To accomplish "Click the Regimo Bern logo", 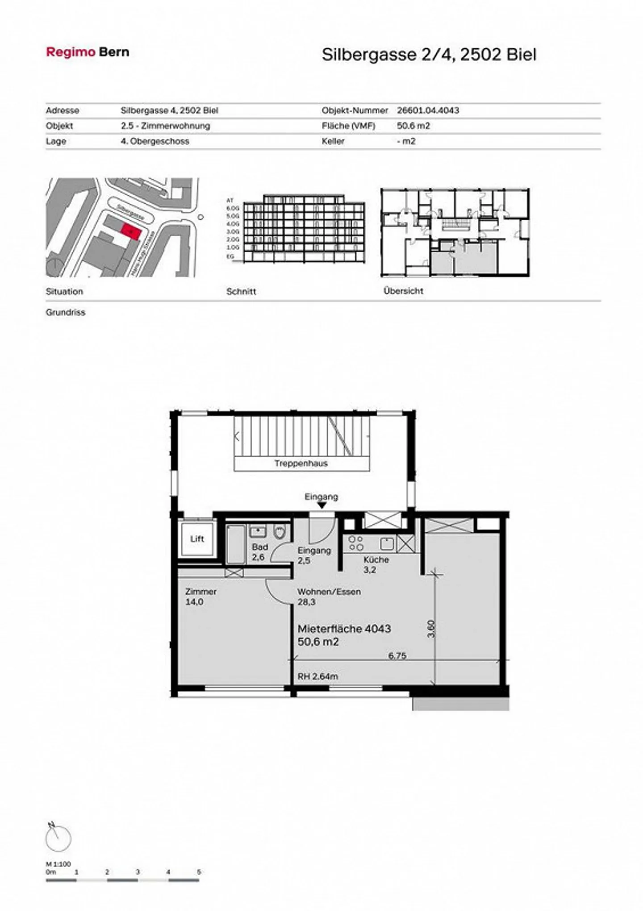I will click(x=88, y=52).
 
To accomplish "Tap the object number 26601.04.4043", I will click(x=428, y=110).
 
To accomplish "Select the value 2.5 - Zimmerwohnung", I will click(x=165, y=126).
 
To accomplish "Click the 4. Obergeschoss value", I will click(x=155, y=141).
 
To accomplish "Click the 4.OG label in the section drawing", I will click(x=233, y=224).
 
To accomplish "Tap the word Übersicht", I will click(x=403, y=291).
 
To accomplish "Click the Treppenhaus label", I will click(x=301, y=463).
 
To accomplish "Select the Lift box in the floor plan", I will click(x=197, y=539).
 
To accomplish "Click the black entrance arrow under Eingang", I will click(x=321, y=506).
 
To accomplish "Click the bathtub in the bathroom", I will click(x=236, y=544).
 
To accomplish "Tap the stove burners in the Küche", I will click(x=356, y=543).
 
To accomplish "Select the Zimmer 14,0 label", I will click(x=200, y=596).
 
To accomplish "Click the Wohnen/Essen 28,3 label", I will click(x=329, y=596).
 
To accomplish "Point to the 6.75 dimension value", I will click(x=397, y=656).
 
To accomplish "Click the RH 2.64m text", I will click(x=317, y=676).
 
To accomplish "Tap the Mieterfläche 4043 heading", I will click(x=344, y=629).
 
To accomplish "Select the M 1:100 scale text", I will click(x=58, y=864).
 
